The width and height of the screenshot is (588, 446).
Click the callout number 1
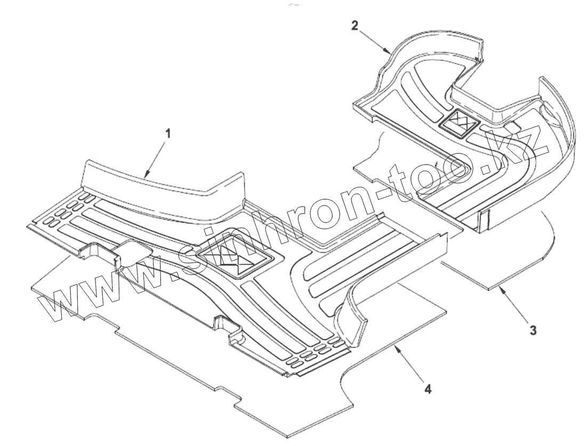click(x=168, y=134)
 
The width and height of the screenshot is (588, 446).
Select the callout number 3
click(x=533, y=330)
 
